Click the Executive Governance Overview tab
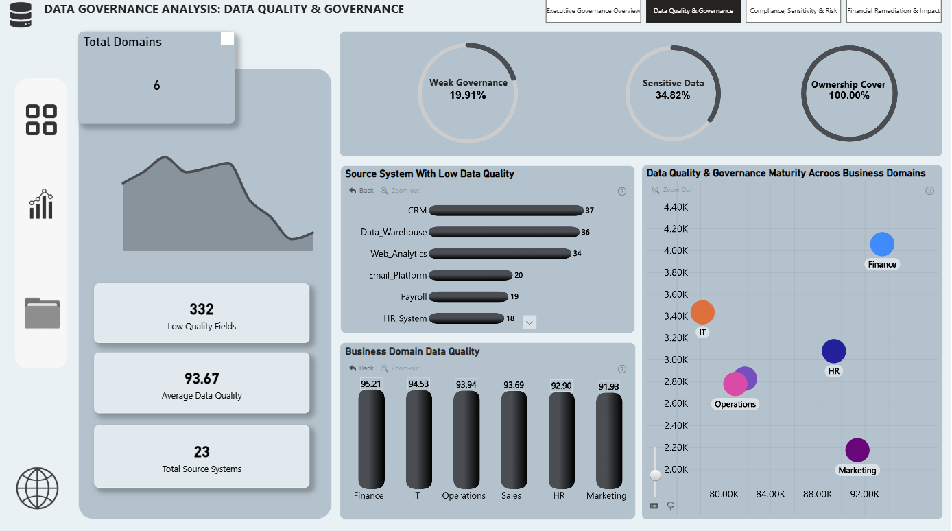click(x=593, y=10)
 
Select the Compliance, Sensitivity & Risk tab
click(x=793, y=10)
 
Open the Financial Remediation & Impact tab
click(x=893, y=10)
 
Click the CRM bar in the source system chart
click(x=506, y=211)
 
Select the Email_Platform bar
click(x=471, y=275)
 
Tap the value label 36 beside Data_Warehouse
click(x=585, y=232)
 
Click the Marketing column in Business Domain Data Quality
click(x=608, y=440)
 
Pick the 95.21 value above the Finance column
click(x=370, y=384)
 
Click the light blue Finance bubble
click(x=882, y=244)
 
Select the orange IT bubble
click(x=702, y=312)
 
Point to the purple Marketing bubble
click(x=857, y=450)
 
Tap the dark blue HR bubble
click(x=833, y=351)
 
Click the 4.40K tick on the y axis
click(x=676, y=207)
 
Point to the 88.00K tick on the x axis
click(x=818, y=494)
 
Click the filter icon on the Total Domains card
click(x=228, y=38)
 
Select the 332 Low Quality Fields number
click(x=202, y=309)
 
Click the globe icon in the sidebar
click(x=38, y=488)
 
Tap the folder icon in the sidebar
click(x=42, y=313)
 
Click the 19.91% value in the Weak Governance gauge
click(x=468, y=95)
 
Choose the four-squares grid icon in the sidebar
click(x=41, y=120)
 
